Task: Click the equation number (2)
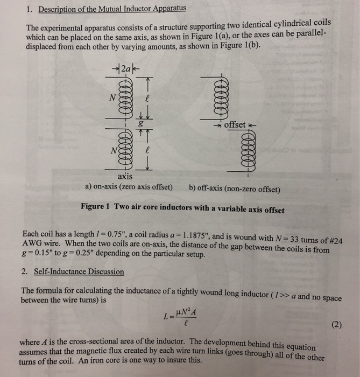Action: click(x=336, y=326)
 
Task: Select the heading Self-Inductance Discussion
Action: click(x=79, y=271)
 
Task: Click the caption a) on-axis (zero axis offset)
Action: click(x=129, y=187)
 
